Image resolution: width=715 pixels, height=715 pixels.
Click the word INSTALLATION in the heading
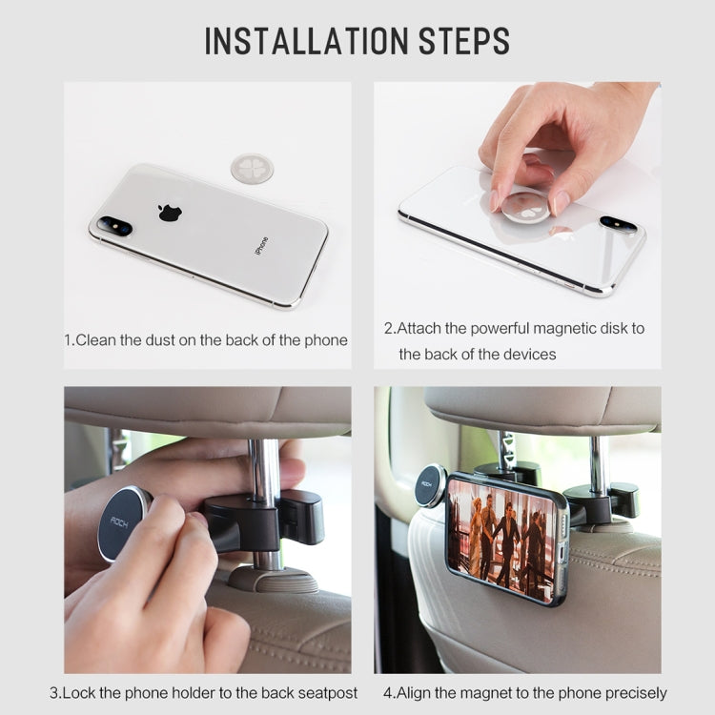click(306, 41)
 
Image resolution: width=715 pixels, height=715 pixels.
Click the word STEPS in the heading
click(463, 41)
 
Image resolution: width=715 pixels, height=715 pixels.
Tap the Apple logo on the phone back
click(170, 213)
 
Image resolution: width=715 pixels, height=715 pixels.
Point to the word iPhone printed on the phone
click(261, 246)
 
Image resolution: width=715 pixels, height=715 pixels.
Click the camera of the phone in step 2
click(619, 224)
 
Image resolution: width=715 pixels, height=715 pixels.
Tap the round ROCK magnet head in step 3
click(123, 523)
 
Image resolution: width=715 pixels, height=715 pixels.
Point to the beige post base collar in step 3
click(274, 579)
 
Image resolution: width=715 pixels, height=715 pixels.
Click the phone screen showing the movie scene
click(501, 538)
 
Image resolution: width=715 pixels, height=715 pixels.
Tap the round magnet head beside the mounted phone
click(429, 485)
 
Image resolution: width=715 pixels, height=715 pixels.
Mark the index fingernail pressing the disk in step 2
click(495, 201)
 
